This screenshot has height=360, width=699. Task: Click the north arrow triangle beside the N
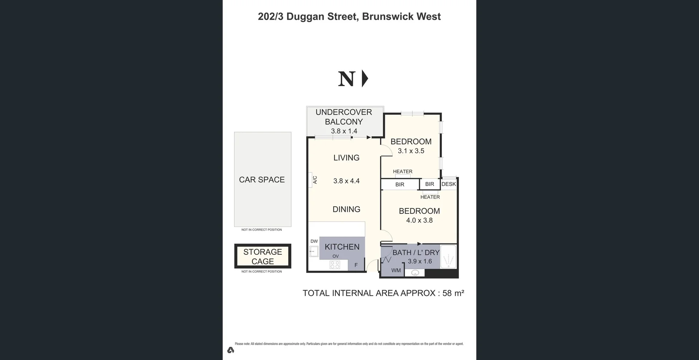(365, 79)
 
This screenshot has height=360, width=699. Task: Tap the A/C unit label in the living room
(315, 180)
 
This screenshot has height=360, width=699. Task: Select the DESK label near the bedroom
(449, 184)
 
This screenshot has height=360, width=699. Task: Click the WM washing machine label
(396, 270)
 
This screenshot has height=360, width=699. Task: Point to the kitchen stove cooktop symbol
(335, 265)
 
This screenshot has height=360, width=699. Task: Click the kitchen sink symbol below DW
(313, 251)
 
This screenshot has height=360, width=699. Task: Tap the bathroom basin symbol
(415, 273)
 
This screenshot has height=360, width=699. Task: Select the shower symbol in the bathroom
(448, 257)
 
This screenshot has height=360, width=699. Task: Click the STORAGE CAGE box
(262, 256)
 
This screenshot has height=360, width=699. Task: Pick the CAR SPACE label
(262, 179)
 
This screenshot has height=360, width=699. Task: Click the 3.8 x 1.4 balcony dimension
(344, 131)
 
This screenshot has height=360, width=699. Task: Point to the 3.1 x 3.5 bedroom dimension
(411, 151)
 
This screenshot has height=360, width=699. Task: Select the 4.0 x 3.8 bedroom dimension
(419, 220)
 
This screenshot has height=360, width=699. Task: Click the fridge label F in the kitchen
(356, 265)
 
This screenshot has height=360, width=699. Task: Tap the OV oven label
(336, 256)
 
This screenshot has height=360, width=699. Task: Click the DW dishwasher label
(314, 241)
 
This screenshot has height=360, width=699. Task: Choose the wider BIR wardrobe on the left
(400, 185)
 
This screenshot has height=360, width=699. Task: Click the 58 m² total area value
(453, 293)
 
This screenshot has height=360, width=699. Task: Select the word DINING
(346, 209)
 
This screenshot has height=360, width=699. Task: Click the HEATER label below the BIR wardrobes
(430, 197)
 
